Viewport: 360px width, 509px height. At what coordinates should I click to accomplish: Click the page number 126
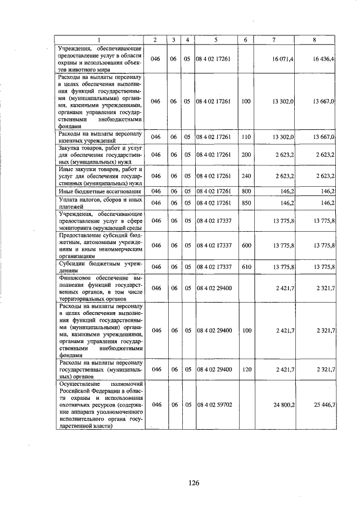click(194, 482)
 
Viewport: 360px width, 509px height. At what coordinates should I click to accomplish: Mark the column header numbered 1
click(100, 39)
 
